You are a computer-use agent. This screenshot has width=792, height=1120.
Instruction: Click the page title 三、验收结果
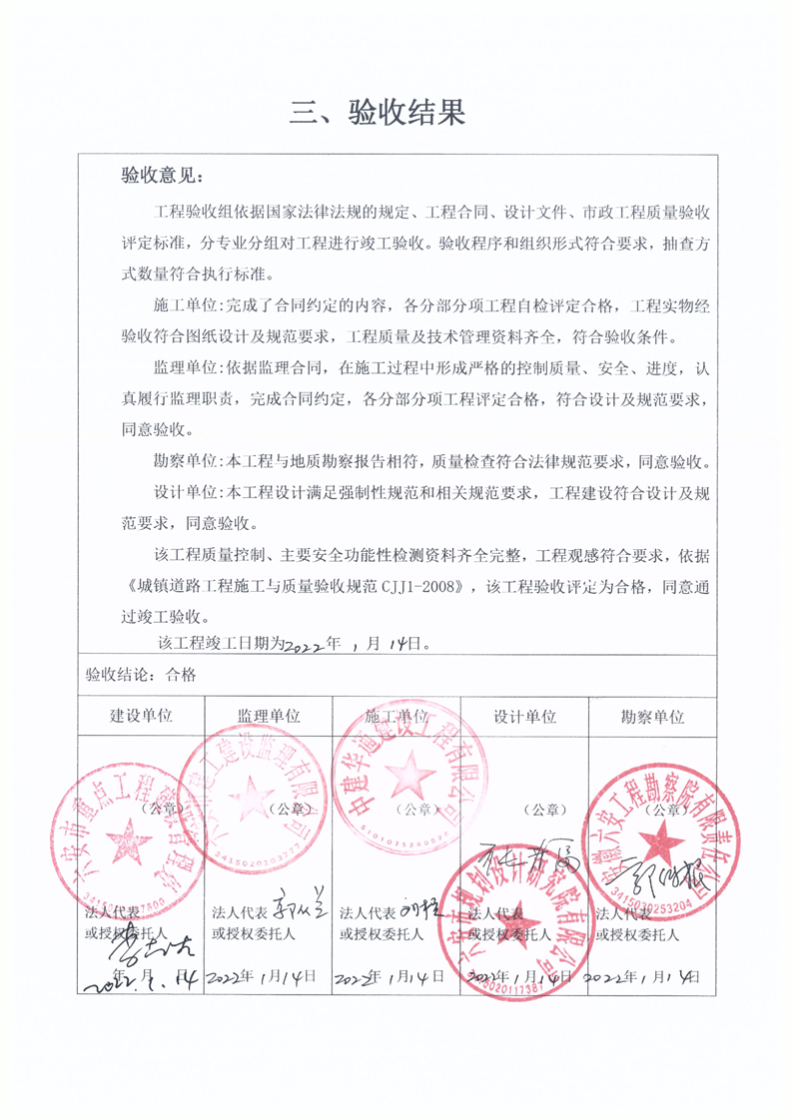(x=378, y=112)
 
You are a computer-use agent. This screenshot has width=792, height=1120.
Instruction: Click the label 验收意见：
(x=161, y=177)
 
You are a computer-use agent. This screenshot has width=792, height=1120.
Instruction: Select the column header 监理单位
(x=269, y=717)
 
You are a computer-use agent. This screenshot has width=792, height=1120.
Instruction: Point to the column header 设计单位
(x=524, y=717)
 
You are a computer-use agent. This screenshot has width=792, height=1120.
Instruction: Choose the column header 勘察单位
(x=652, y=717)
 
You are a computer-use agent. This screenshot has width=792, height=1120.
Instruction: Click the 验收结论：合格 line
(x=141, y=674)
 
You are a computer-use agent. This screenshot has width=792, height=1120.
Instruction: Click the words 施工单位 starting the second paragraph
(x=188, y=302)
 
